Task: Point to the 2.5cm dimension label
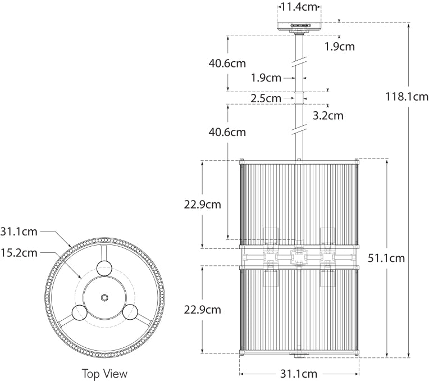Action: point(266,98)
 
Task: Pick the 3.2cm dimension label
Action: point(327,116)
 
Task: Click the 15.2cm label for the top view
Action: point(19,252)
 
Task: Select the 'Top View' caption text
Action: point(104,373)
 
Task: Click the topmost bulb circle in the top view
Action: point(104,269)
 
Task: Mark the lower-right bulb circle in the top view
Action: point(129,311)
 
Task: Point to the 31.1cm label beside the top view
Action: point(19,231)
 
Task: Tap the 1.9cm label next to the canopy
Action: point(339,47)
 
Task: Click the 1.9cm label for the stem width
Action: point(266,78)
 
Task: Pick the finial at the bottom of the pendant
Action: point(299,355)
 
